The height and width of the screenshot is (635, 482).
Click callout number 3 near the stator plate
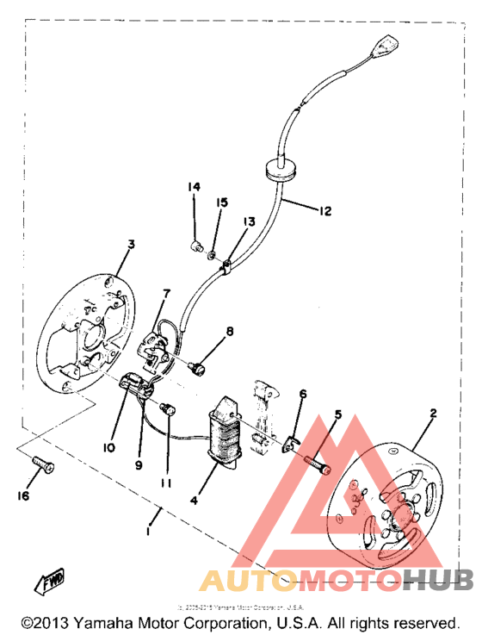(x=131, y=245)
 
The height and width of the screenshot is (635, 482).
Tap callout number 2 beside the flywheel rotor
(x=433, y=414)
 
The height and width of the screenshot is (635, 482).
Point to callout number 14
(x=195, y=187)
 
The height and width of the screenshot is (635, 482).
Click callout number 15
(x=222, y=202)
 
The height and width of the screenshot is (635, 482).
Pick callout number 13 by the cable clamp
(x=249, y=221)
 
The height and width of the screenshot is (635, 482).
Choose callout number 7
(x=166, y=295)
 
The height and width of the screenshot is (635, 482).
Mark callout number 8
(x=230, y=331)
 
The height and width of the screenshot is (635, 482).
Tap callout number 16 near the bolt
(x=24, y=496)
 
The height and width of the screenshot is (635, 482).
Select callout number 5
(x=338, y=414)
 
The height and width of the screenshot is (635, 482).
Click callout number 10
(x=109, y=447)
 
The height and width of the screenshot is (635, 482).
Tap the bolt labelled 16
(x=40, y=465)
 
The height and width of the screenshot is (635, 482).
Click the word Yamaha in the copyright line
(x=106, y=622)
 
